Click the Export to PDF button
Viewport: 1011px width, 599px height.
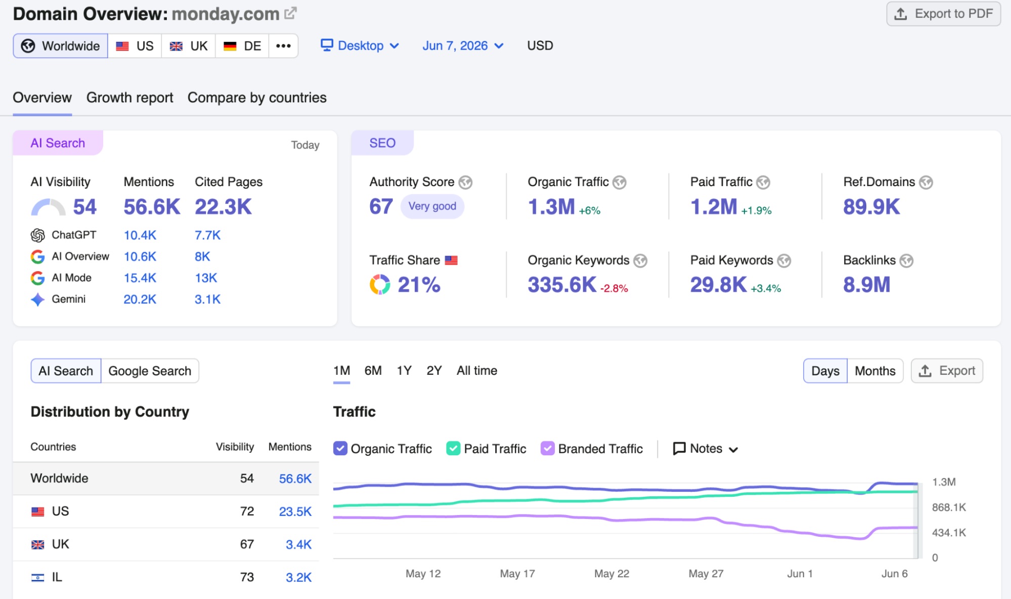pyautogui.click(x=943, y=14)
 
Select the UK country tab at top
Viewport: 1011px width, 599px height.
pyautogui.click(x=189, y=46)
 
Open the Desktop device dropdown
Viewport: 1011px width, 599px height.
pyautogui.click(x=360, y=46)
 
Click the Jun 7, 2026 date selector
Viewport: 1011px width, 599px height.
pyautogui.click(x=463, y=46)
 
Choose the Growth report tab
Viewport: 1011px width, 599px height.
pyautogui.click(x=129, y=98)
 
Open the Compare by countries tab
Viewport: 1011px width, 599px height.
pyautogui.click(x=257, y=98)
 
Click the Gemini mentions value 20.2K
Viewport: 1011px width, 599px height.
pyautogui.click(x=140, y=299)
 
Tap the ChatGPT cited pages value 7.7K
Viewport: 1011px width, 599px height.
pyautogui.click(x=208, y=235)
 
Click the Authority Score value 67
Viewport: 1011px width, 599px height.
pyautogui.click(x=381, y=206)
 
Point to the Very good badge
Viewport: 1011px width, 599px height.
pyautogui.click(x=432, y=206)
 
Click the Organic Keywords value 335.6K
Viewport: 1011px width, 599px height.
pyautogui.click(x=562, y=285)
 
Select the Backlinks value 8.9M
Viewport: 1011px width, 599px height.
pyautogui.click(x=866, y=285)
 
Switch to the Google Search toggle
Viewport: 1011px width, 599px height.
pyautogui.click(x=150, y=371)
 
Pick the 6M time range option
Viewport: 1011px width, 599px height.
pyautogui.click(x=373, y=371)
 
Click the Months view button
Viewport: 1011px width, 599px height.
pyautogui.click(x=875, y=371)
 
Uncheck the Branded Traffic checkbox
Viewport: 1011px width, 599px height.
pyautogui.click(x=547, y=449)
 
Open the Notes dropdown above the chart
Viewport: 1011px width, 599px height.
pyautogui.click(x=706, y=449)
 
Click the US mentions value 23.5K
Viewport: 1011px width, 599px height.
pyautogui.click(x=295, y=511)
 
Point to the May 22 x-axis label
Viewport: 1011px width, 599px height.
pyautogui.click(x=612, y=574)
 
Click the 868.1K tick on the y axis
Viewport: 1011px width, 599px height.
pyautogui.click(x=949, y=507)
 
